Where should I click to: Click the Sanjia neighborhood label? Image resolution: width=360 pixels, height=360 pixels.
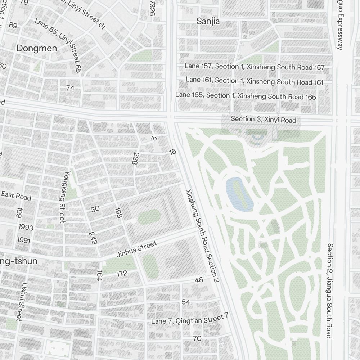coord(208,22)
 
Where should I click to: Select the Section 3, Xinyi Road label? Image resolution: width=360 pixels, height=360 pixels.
coord(264,120)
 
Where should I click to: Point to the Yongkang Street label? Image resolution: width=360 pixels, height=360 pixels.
coord(63,197)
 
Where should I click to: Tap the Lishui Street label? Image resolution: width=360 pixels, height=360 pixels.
coord(22,301)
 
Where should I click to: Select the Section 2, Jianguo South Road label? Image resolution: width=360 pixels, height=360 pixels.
coord(329,291)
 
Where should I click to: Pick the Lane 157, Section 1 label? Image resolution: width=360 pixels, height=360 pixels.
coord(254,67)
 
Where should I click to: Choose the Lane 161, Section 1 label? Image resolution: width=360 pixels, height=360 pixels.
coord(254,81)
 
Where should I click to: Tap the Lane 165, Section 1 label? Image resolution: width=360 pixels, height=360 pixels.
coord(246,96)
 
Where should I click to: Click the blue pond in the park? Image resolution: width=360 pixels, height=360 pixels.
coord(239,194)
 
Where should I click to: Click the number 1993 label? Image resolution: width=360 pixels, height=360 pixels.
coord(25,228)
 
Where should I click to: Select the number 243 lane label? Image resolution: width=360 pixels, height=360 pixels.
coord(93,238)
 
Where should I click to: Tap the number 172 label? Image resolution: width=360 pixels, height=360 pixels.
coord(122,274)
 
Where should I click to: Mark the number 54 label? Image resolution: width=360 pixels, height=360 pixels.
coord(186,302)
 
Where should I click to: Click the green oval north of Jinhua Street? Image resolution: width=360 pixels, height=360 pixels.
coord(149,217)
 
